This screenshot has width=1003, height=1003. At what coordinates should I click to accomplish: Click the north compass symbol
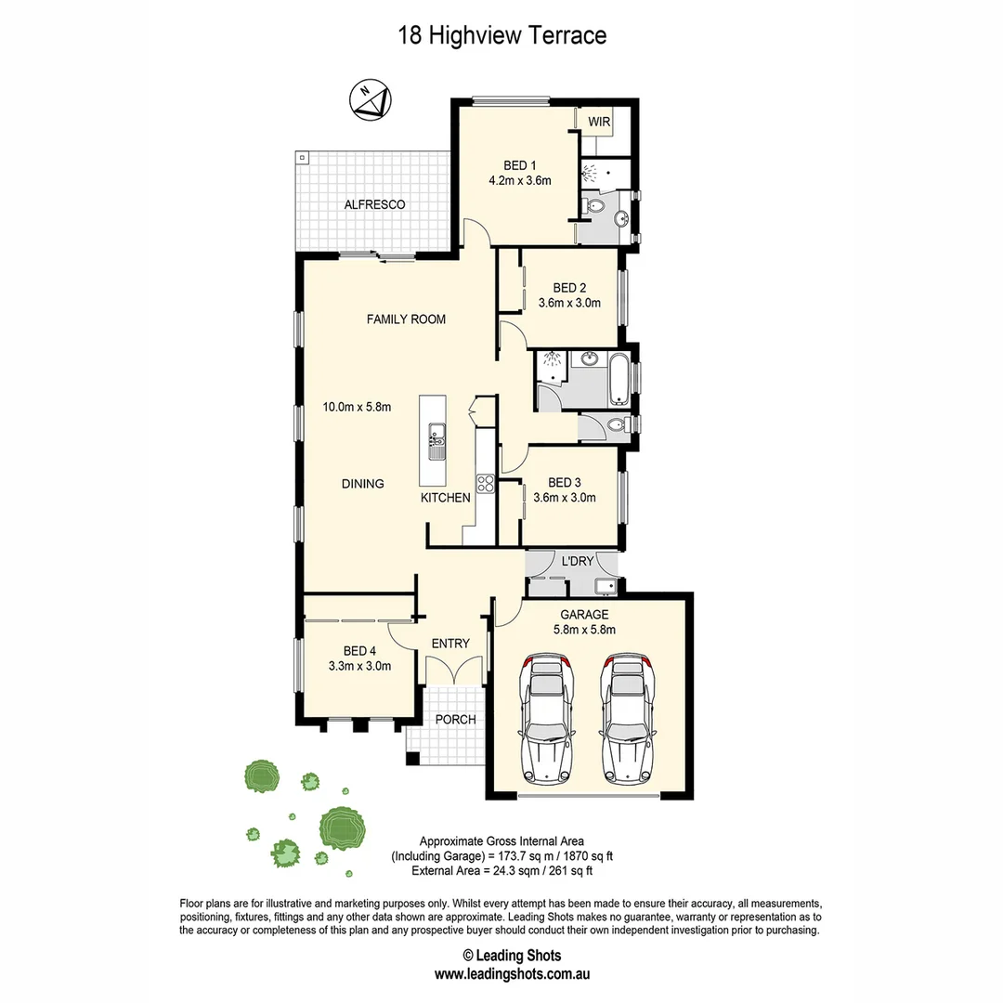point(372,99)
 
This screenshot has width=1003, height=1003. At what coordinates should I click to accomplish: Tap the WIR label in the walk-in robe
point(599,121)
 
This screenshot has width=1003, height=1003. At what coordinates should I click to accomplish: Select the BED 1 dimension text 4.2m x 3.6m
point(520,181)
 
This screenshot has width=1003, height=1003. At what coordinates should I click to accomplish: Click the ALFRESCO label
point(374,204)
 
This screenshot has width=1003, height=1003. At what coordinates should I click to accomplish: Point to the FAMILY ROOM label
point(406,319)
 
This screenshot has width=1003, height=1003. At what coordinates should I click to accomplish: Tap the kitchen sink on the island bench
point(436,442)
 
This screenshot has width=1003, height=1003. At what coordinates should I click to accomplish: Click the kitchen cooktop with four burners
point(485,482)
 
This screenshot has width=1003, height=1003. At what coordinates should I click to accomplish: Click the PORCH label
point(455,720)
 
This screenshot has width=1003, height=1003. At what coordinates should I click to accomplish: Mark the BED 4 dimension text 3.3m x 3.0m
point(359,666)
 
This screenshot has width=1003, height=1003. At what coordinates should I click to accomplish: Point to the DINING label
point(362,484)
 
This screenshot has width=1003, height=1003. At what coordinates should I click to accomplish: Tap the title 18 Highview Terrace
point(501,36)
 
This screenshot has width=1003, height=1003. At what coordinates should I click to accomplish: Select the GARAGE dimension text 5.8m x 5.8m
point(585,630)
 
